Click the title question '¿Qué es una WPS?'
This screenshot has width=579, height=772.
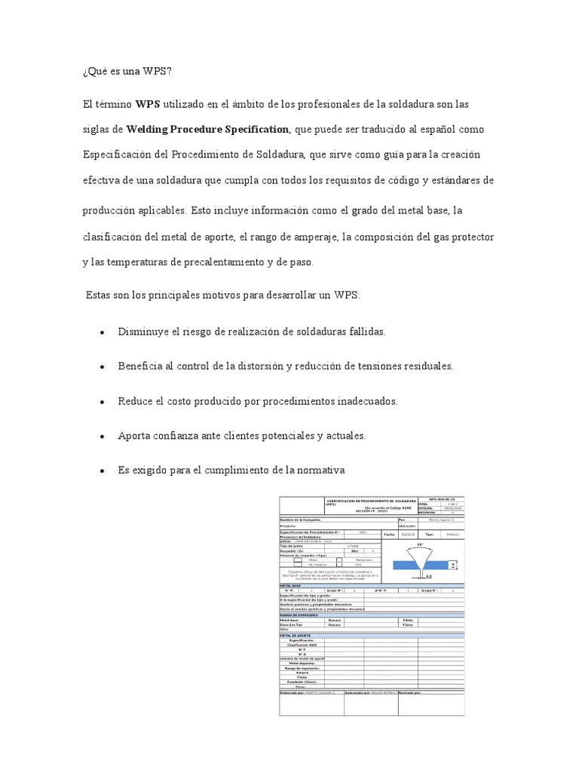pyautogui.click(x=127, y=72)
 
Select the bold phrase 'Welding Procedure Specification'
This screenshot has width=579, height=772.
pyautogui.click(x=207, y=129)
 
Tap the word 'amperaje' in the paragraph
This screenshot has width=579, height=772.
pyautogui.click(x=311, y=237)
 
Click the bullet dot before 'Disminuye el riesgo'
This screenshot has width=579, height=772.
pyautogui.click(x=101, y=332)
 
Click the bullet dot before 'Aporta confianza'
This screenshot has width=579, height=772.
pyautogui.click(x=101, y=437)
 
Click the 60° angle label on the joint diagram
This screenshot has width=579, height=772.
pyautogui.click(x=420, y=544)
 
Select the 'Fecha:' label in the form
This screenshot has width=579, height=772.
pyautogui.click(x=389, y=534)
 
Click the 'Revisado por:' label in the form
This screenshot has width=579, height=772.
pyautogui.click(x=412, y=692)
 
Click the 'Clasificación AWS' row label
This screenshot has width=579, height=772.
pyautogui.click(x=302, y=645)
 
